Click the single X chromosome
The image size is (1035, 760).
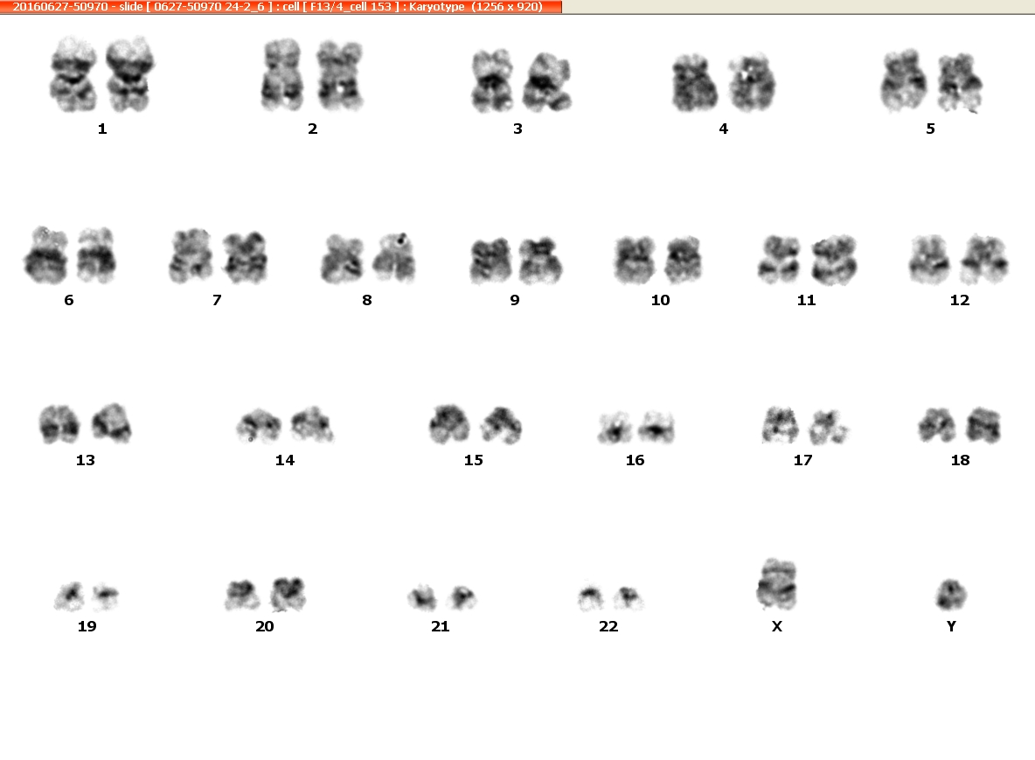777,584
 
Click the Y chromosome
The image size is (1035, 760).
951,594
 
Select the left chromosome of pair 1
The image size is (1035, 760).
73,74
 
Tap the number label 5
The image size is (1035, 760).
930,129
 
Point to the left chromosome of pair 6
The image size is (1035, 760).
46,255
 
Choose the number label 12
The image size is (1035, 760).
960,301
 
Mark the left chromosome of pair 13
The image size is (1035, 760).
59,423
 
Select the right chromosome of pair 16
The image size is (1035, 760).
656,427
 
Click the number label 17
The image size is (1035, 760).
802,460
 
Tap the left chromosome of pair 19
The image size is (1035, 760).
69,596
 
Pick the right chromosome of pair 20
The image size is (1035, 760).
288,594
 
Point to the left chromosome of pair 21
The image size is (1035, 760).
422,597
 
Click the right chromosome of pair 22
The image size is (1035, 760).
628,597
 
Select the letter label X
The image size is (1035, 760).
777,626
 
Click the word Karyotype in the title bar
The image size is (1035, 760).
436,7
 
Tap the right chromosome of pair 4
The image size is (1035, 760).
752,83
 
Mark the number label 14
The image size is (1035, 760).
284,460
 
